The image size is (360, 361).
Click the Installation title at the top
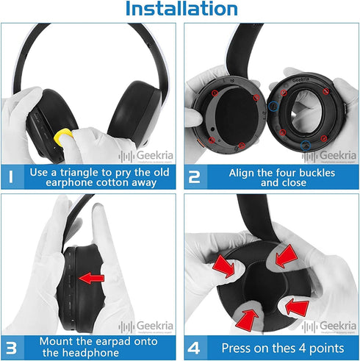pyautogui.click(x=181, y=10)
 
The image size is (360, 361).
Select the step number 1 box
pyautogui.click(x=12, y=176)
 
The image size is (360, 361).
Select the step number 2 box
pyautogui.click(x=195, y=176)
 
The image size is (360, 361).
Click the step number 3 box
pyautogui.click(x=12, y=346)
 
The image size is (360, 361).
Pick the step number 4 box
pyautogui.click(x=195, y=346)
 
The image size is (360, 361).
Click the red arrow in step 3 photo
pyautogui.click(x=92, y=278)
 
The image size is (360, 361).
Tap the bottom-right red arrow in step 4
pyautogui.click(x=296, y=307)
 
